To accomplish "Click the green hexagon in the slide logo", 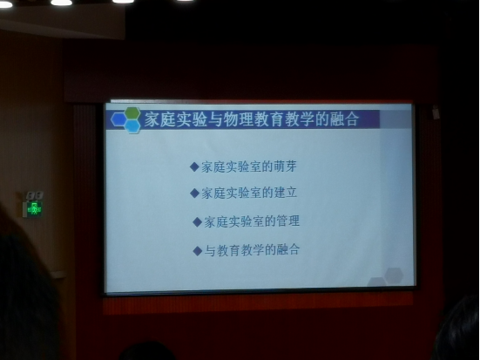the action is click(132, 113).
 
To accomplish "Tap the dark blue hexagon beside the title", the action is click(118, 119).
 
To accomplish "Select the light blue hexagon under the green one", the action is click(132, 126).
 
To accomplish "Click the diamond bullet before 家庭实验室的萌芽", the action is click(194, 167).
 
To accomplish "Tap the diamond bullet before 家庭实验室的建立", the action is click(194, 193).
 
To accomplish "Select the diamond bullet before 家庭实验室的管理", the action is click(197, 221).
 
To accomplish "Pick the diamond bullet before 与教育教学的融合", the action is click(197, 251).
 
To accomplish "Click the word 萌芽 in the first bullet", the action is click(286, 166).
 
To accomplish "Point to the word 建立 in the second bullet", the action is click(286, 193).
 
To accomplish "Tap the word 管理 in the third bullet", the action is click(288, 221).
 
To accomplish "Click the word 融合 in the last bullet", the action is click(288, 249).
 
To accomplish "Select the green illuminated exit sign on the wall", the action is click(35, 208).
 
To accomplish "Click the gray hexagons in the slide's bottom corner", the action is click(386, 276).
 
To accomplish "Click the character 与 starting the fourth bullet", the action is click(210, 251).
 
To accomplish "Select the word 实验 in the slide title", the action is click(192, 119).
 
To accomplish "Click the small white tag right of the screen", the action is click(436, 112).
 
